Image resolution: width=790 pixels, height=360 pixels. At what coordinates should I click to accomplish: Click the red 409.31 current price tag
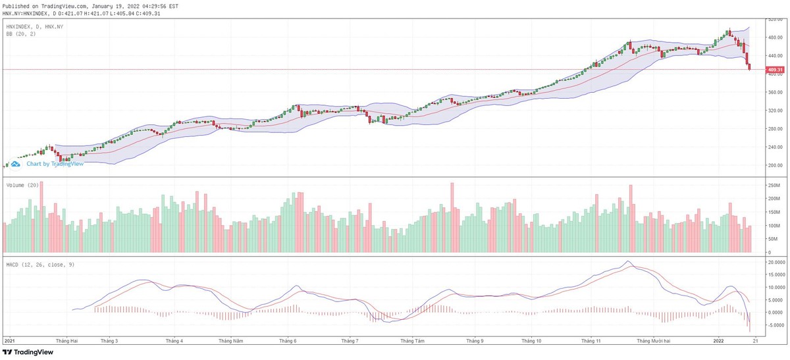775,70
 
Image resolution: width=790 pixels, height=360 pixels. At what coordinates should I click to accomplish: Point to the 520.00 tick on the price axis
775,19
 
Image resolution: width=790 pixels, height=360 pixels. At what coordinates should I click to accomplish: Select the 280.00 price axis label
775,129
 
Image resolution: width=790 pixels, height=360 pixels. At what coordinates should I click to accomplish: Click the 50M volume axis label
773,239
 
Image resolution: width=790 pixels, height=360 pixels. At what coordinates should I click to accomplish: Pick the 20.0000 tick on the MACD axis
776,262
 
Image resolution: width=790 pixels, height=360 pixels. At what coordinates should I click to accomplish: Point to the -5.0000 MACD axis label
776,325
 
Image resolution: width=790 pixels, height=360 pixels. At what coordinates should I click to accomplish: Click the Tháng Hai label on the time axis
67,341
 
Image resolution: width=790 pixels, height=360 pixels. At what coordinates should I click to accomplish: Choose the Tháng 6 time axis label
287,341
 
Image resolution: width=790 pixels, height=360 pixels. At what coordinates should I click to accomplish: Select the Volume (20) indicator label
21,186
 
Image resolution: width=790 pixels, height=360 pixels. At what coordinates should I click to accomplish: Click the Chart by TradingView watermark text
55,164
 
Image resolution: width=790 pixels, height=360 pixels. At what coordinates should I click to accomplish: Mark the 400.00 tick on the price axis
775,74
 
